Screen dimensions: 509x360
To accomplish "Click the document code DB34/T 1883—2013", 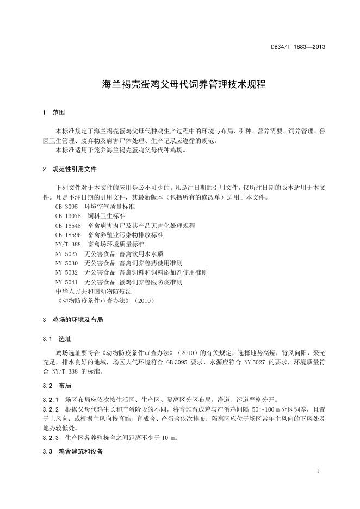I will [x=298, y=47].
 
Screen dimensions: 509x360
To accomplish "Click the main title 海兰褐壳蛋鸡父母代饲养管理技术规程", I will [x=180, y=84].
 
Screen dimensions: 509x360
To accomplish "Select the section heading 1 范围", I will [x=53, y=113].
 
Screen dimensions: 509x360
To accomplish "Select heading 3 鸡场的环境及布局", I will [x=73, y=320].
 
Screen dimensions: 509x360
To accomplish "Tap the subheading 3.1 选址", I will [x=57, y=339].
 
